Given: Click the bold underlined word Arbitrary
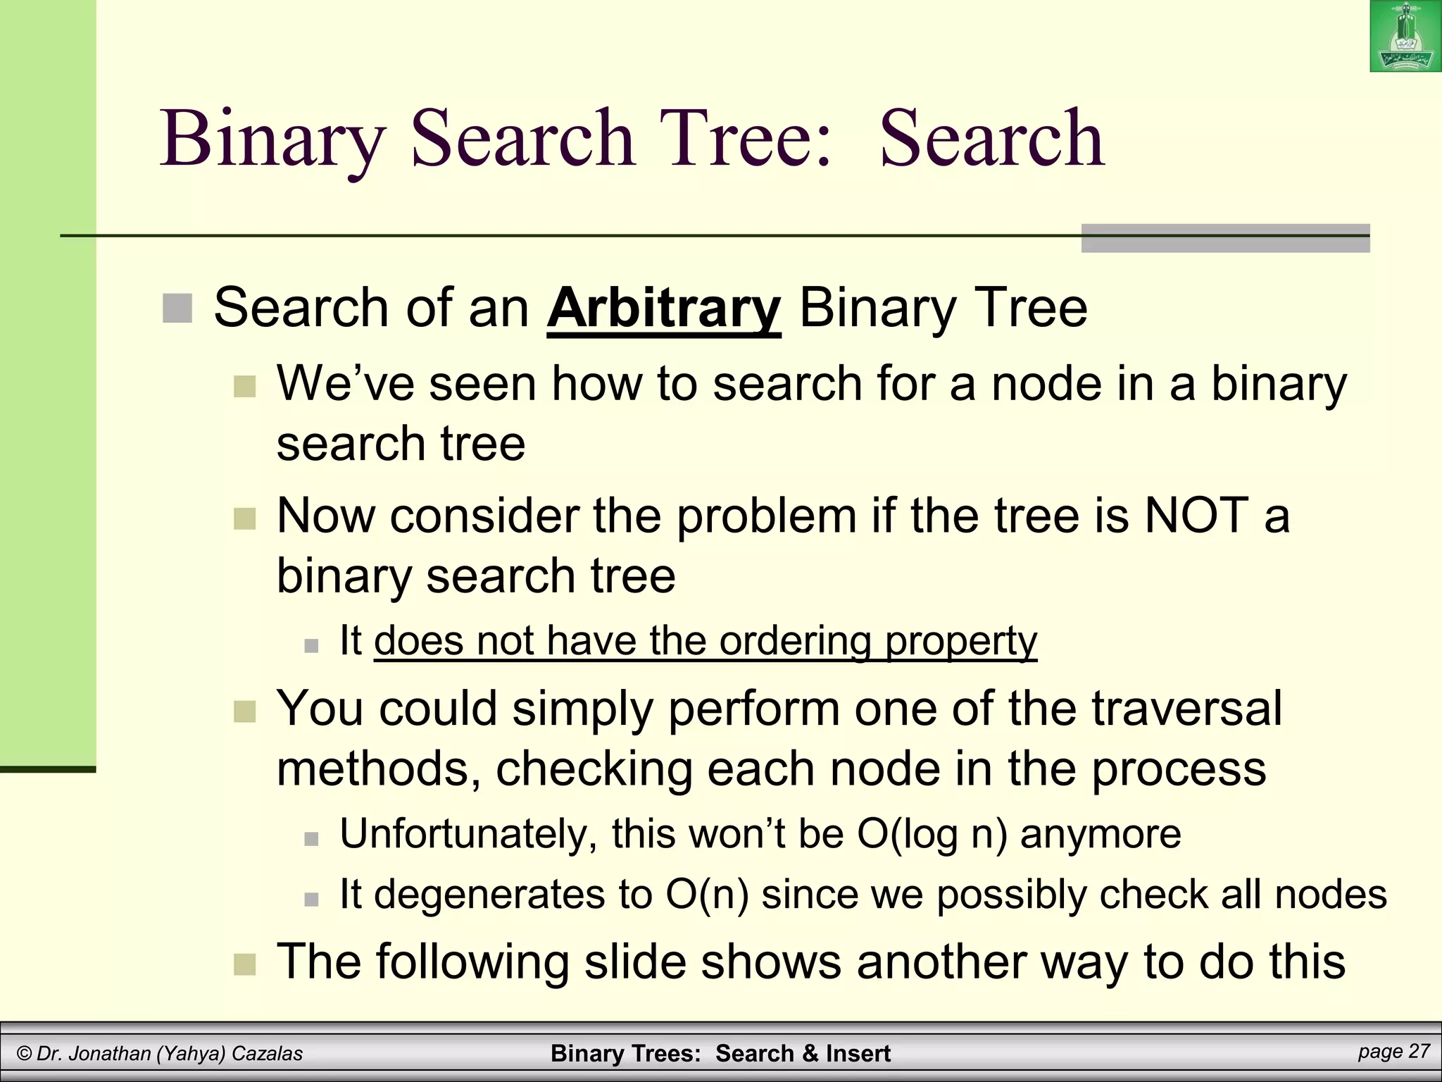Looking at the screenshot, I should tap(663, 309).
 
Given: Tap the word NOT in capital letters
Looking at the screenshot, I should tap(1196, 516).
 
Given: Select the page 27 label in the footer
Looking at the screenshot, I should tap(1393, 1052).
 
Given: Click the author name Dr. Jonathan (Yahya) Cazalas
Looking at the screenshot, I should tap(161, 1054).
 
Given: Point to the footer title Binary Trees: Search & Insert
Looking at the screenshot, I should tap(720, 1054).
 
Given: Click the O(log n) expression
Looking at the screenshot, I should tap(932, 834).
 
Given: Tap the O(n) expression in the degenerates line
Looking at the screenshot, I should tap(707, 895).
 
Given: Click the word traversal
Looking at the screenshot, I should tap(1186, 708).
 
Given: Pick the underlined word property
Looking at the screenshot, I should tap(960, 641).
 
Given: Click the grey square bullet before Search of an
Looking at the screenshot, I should tap(177, 309).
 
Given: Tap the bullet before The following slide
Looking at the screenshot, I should tap(244, 964).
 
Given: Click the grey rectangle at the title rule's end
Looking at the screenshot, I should tap(1224, 238).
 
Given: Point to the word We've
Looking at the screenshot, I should tap(344, 385).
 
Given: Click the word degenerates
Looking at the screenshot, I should tap(489, 895).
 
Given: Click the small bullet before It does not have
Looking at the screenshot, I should tap(311, 645).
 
